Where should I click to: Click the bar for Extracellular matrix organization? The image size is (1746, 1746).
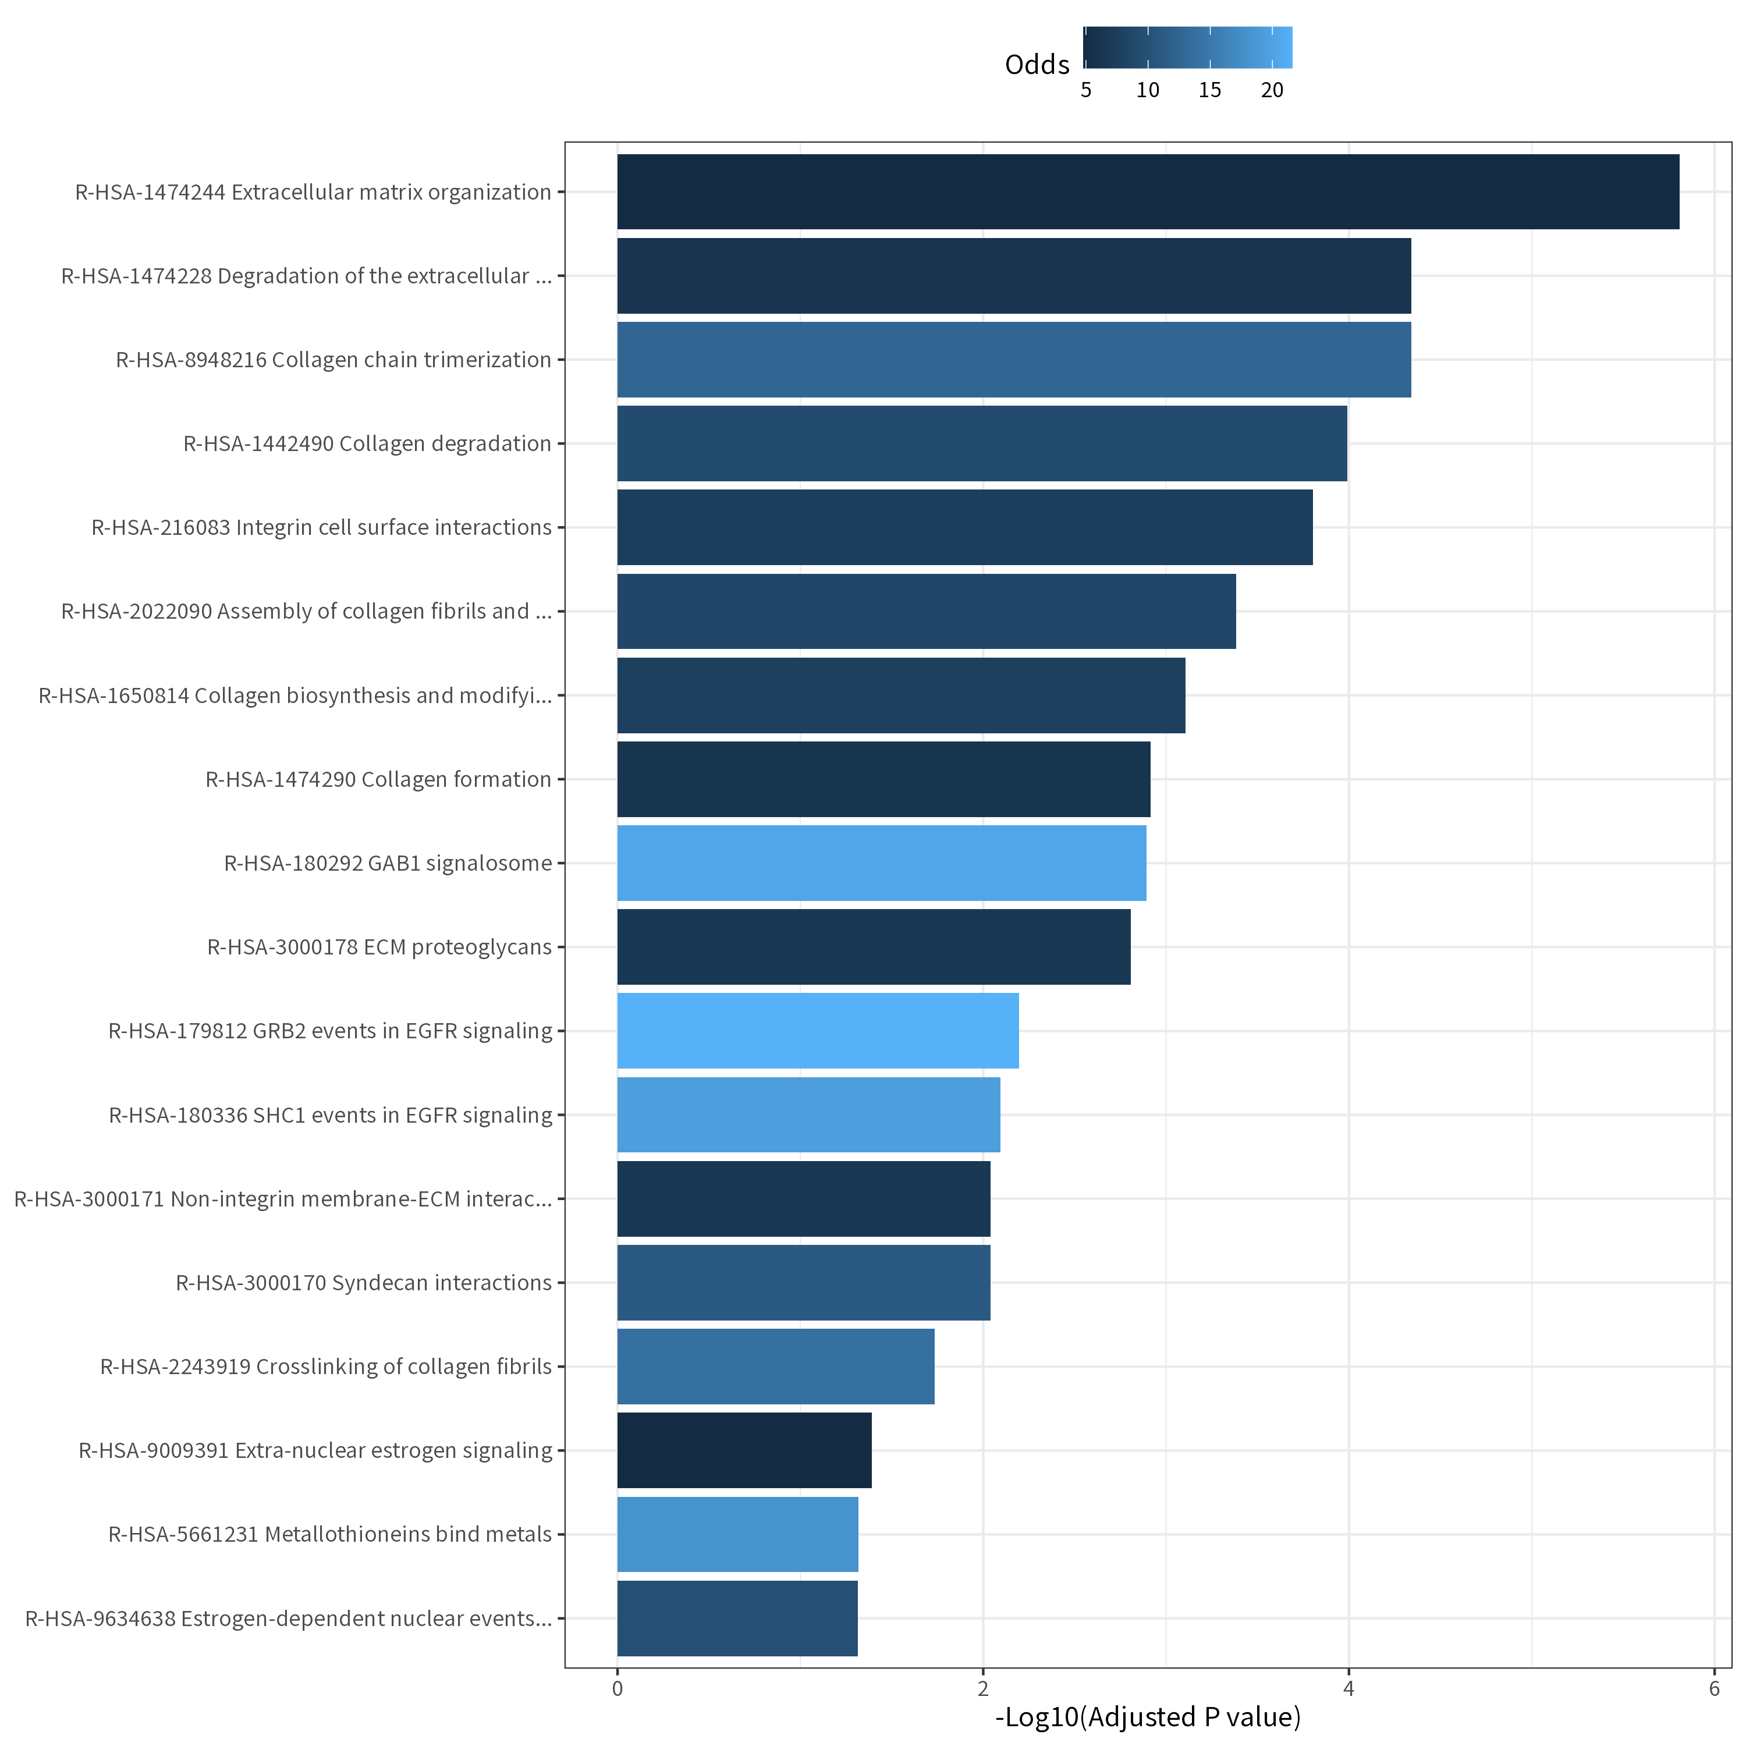click(x=1148, y=191)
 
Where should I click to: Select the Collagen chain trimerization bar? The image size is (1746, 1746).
click(x=1013, y=360)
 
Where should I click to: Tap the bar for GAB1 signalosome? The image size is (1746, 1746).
click(x=881, y=863)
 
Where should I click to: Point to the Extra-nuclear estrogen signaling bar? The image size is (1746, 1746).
click(x=744, y=1450)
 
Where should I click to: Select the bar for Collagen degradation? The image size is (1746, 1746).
click(x=981, y=443)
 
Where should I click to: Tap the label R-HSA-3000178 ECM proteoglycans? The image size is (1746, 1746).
click(x=379, y=947)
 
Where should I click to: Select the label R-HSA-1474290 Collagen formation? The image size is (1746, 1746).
click(x=378, y=779)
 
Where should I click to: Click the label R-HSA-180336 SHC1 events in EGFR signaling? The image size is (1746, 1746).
click(x=330, y=1115)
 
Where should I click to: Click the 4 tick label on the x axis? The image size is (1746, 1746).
click(x=1348, y=1688)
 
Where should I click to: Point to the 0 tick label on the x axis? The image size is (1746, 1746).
click(x=618, y=1688)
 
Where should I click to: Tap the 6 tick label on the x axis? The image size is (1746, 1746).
click(x=1713, y=1688)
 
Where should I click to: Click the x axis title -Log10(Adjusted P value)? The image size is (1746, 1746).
click(x=1148, y=1717)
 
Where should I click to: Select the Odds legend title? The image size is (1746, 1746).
click(x=1037, y=64)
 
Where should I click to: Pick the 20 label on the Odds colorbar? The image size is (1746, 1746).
click(x=1272, y=90)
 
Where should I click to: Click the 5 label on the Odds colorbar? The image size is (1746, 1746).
click(x=1085, y=90)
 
